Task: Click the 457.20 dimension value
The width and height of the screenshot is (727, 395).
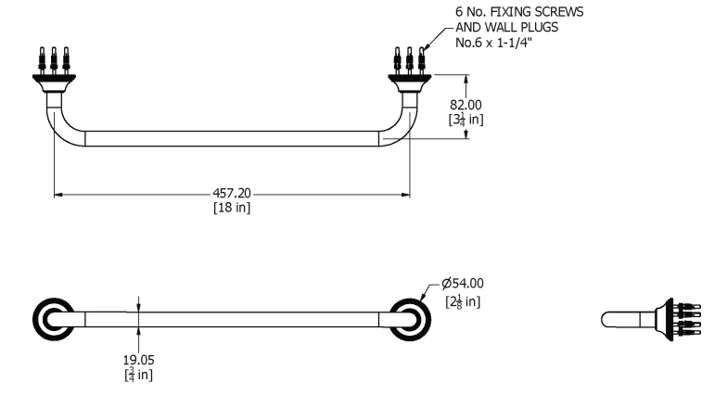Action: (232, 193)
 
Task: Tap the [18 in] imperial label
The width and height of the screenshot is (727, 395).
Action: (232, 208)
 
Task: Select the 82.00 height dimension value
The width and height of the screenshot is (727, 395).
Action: (466, 105)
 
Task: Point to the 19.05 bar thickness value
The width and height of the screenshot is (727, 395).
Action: (139, 360)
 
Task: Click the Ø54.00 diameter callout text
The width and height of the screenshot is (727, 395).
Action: (462, 284)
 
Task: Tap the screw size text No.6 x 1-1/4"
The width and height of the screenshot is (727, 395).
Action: (493, 43)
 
